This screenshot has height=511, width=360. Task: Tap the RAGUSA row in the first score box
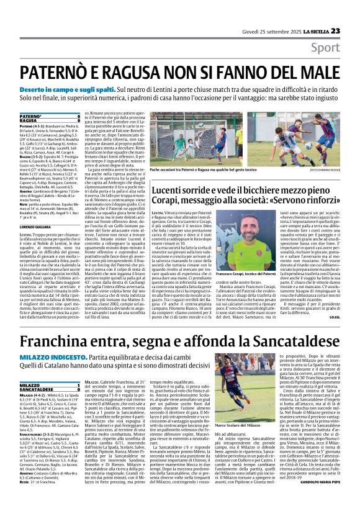point(31,120)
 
